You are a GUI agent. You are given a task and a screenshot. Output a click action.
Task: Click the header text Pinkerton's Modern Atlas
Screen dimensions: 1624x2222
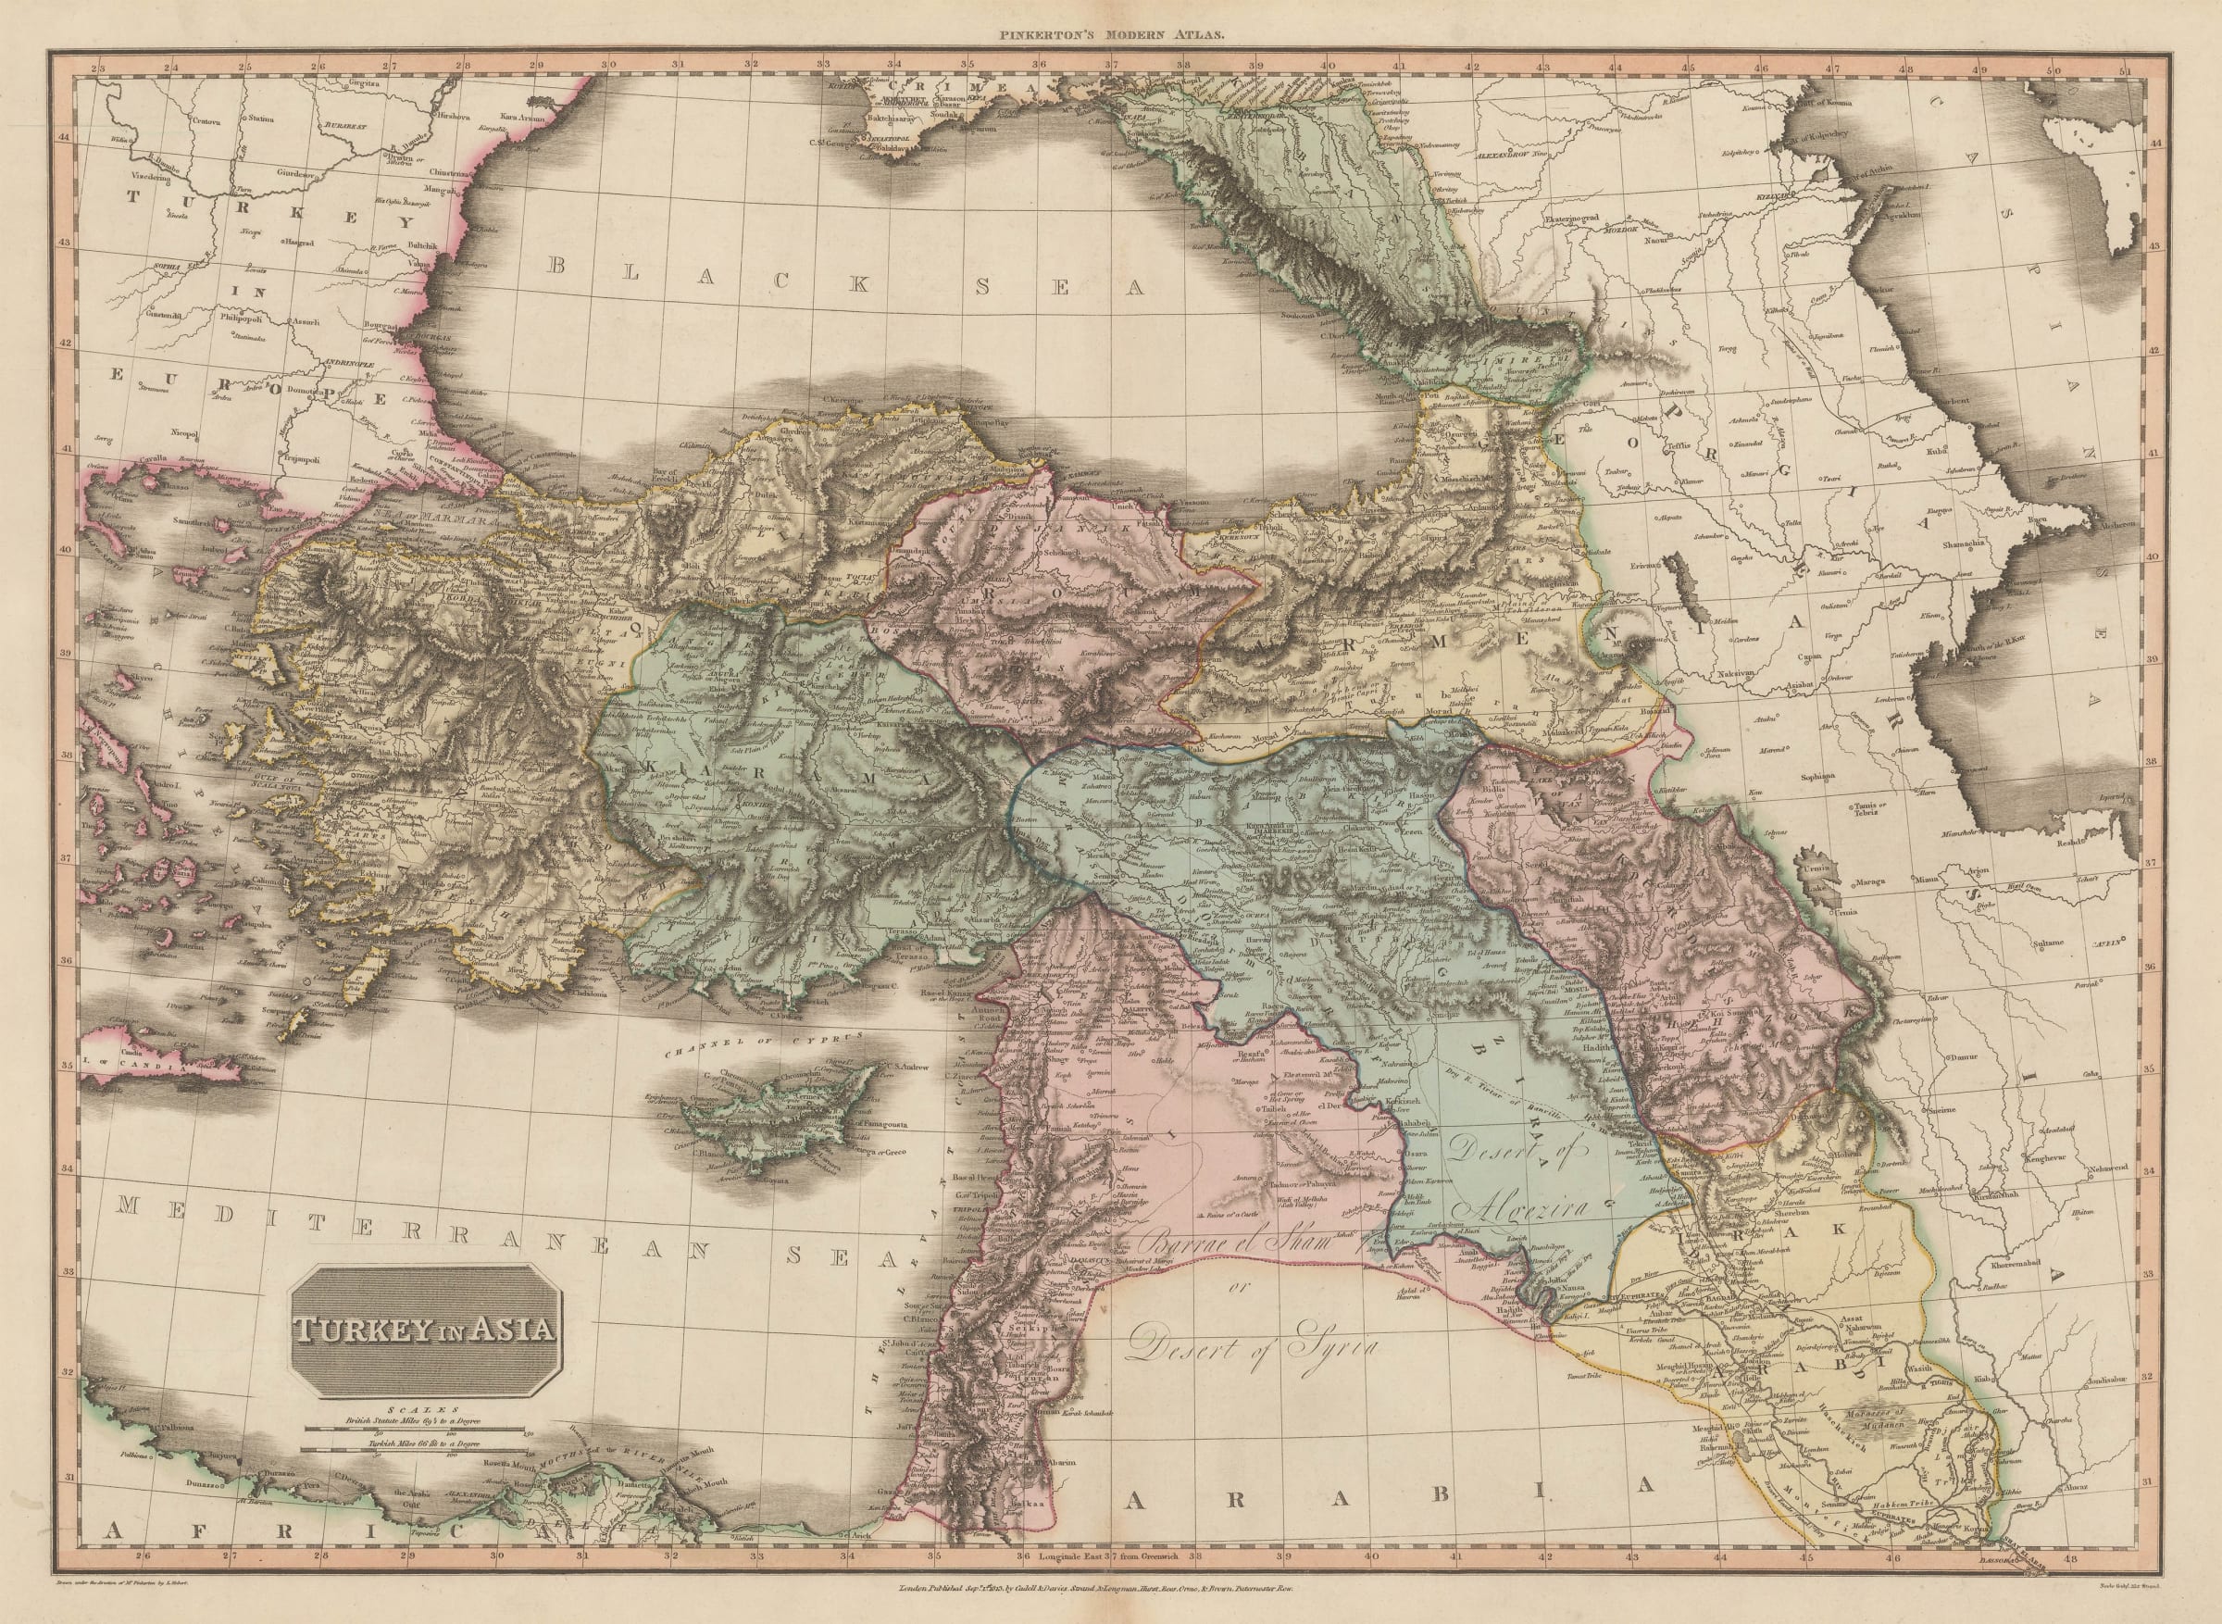(1110, 33)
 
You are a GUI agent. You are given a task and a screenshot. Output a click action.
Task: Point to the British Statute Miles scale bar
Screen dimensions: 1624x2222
(413, 1430)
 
